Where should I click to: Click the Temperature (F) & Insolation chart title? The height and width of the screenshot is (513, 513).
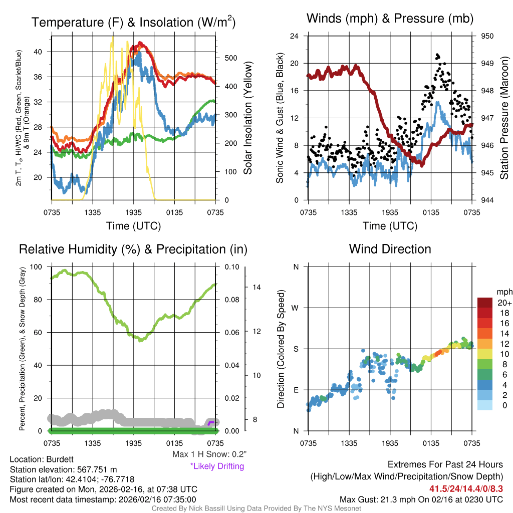(x=133, y=23)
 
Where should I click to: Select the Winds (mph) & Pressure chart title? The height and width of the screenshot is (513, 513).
(x=390, y=19)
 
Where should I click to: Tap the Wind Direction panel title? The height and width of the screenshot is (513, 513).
(x=390, y=249)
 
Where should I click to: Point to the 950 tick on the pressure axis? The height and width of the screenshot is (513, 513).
(x=487, y=36)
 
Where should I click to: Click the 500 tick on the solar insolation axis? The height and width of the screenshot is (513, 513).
(x=230, y=58)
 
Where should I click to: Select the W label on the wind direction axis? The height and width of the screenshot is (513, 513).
(x=296, y=308)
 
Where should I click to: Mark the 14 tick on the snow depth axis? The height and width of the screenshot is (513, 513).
(x=257, y=288)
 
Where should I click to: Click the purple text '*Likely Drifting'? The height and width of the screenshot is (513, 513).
(x=217, y=466)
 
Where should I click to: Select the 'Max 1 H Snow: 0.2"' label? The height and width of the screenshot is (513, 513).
(x=209, y=454)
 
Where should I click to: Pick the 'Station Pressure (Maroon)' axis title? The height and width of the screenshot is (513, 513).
(x=504, y=118)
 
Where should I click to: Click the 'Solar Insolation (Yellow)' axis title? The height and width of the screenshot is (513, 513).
(x=247, y=118)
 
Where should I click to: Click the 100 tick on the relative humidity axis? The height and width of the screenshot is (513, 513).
(x=42, y=267)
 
